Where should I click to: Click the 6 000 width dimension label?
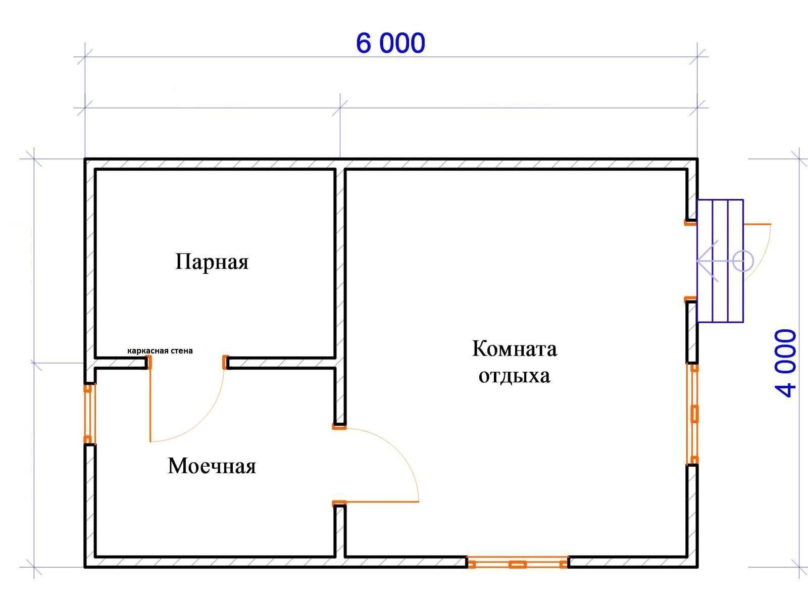click(390, 43)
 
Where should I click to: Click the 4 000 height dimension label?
click(786, 363)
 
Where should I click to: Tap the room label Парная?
click(212, 262)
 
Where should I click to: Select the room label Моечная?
click(212, 466)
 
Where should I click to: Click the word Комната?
click(515, 348)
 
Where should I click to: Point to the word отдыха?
click(514, 376)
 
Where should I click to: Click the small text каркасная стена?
click(160, 350)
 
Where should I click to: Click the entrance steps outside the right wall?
click(720, 261)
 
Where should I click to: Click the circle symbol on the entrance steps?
click(743, 261)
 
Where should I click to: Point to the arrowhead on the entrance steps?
click(707, 261)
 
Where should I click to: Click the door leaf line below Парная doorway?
click(150, 404)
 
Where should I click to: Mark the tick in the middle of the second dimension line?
click(340, 108)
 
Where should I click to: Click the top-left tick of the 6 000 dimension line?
click(85, 57)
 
